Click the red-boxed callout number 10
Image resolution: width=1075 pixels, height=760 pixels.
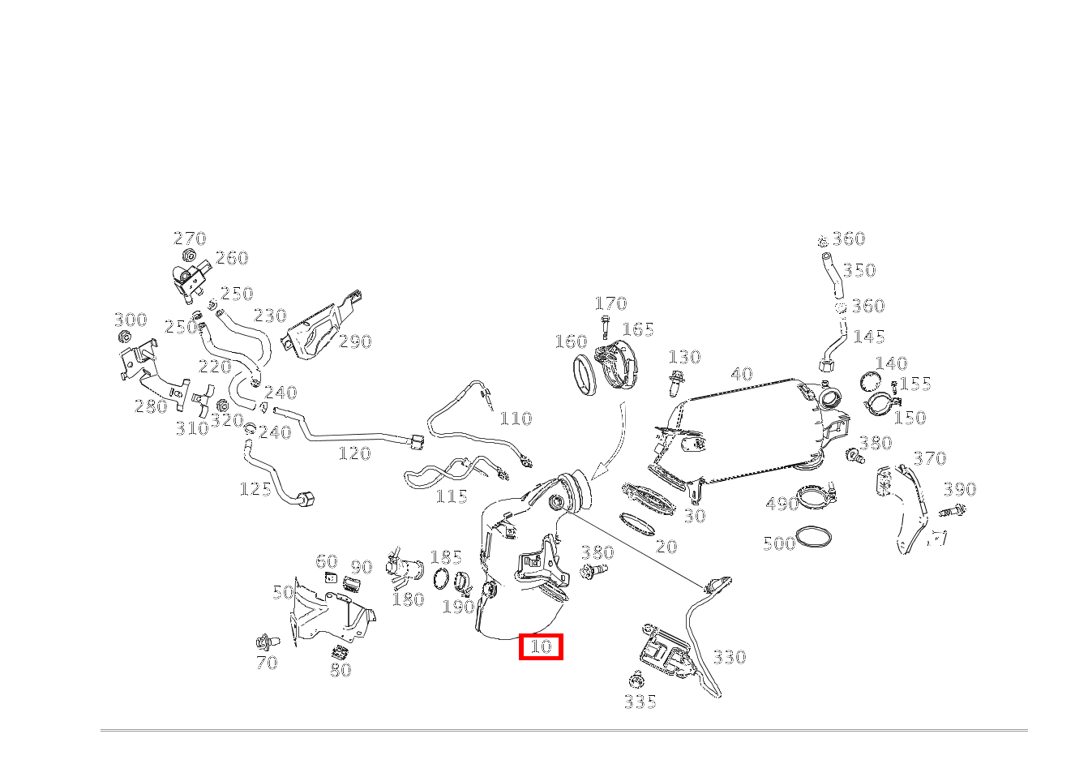[541, 646]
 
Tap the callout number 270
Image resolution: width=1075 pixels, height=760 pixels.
[190, 238]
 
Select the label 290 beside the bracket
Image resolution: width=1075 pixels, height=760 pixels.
[355, 341]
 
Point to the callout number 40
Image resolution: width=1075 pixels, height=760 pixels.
[742, 374]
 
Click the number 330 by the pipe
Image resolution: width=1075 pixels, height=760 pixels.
[730, 657]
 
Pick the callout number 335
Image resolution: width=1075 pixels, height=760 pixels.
[640, 702]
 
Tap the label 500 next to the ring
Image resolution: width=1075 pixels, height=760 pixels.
[779, 543]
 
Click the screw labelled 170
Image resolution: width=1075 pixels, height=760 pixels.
[605, 327]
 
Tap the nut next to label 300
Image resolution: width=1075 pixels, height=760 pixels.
[125, 336]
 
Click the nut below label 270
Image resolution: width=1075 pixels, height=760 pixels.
[189, 256]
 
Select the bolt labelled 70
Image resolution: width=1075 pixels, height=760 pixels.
[268, 642]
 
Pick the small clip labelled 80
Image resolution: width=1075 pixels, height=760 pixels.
[340, 652]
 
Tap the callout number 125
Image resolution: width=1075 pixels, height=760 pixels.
[256, 490]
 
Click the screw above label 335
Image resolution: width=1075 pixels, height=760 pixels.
[637, 680]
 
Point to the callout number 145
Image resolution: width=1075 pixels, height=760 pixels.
[869, 337]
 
